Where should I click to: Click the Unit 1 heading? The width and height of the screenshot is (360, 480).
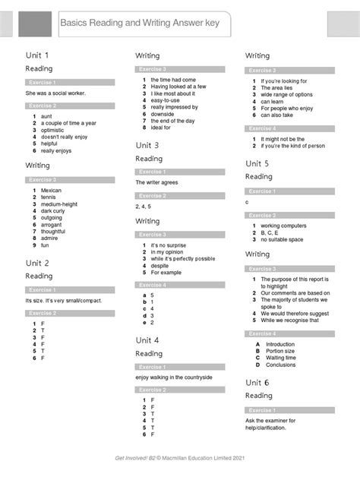click(x=37, y=55)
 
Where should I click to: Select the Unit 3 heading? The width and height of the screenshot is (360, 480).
click(x=147, y=145)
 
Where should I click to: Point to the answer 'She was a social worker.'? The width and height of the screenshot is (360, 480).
click(x=55, y=93)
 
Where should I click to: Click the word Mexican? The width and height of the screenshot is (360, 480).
click(x=52, y=190)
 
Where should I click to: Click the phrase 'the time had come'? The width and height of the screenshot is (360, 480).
click(x=173, y=80)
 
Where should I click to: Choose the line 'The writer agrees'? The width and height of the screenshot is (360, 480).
click(x=157, y=183)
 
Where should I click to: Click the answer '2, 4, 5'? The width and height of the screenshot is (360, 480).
click(x=144, y=206)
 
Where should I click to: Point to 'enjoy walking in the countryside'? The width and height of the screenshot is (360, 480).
click(x=174, y=377)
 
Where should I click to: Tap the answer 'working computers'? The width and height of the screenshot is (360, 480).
click(x=283, y=226)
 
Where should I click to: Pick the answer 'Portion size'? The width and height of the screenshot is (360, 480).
click(x=280, y=351)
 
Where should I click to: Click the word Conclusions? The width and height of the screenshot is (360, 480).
click(x=281, y=365)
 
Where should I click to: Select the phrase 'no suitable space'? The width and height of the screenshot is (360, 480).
click(x=282, y=239)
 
